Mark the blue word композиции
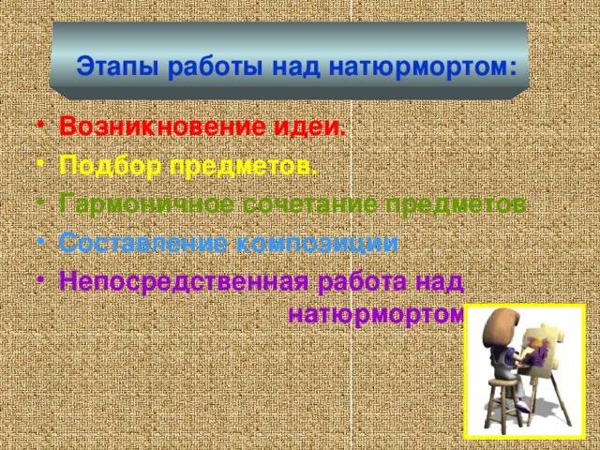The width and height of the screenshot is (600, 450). click(318, 243)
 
